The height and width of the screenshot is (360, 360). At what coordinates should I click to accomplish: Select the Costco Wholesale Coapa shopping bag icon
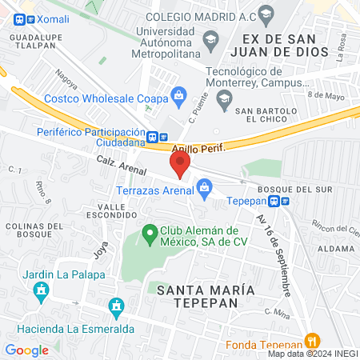[179, 98]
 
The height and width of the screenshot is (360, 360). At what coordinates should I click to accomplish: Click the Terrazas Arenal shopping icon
[205, 189]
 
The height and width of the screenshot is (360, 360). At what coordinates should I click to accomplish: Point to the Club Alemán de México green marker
[149, 234]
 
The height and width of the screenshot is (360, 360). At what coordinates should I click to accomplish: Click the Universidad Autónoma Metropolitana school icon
[210, 38]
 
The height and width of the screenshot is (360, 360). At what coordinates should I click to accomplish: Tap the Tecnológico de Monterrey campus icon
[225, 98]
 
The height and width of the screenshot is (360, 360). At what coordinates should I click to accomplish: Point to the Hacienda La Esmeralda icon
[117, 307]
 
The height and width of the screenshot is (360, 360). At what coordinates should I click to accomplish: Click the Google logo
[26, 350]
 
